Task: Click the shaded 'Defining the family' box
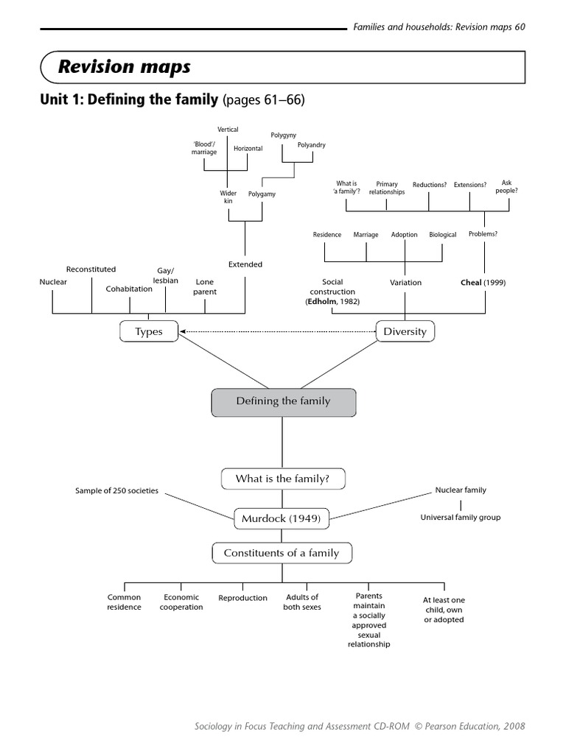click(x=283, y=402)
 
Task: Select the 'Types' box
click(x=150, y=332)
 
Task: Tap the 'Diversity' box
click(x=405, y=332)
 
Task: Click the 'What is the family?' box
click(x=282, y=479)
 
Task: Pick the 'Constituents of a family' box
click(x=282, y=553)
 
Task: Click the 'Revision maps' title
click(x=125, y=67)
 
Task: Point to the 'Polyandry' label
click(x=311, y=145)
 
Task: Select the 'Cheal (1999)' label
click(x=483, y=282)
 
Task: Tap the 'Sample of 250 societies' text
click(x=116, y=490)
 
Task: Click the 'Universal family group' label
click(x=460, y=518)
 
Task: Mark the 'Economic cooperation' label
click(x=181, y=602)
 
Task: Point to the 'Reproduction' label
click(x=242, y=598)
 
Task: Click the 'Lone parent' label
click(x=205, y=286)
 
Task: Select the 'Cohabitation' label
click(x=129, y=289)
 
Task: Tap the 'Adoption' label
click(x=404, y=235)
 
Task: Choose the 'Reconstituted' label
click(x=91, y=269)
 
